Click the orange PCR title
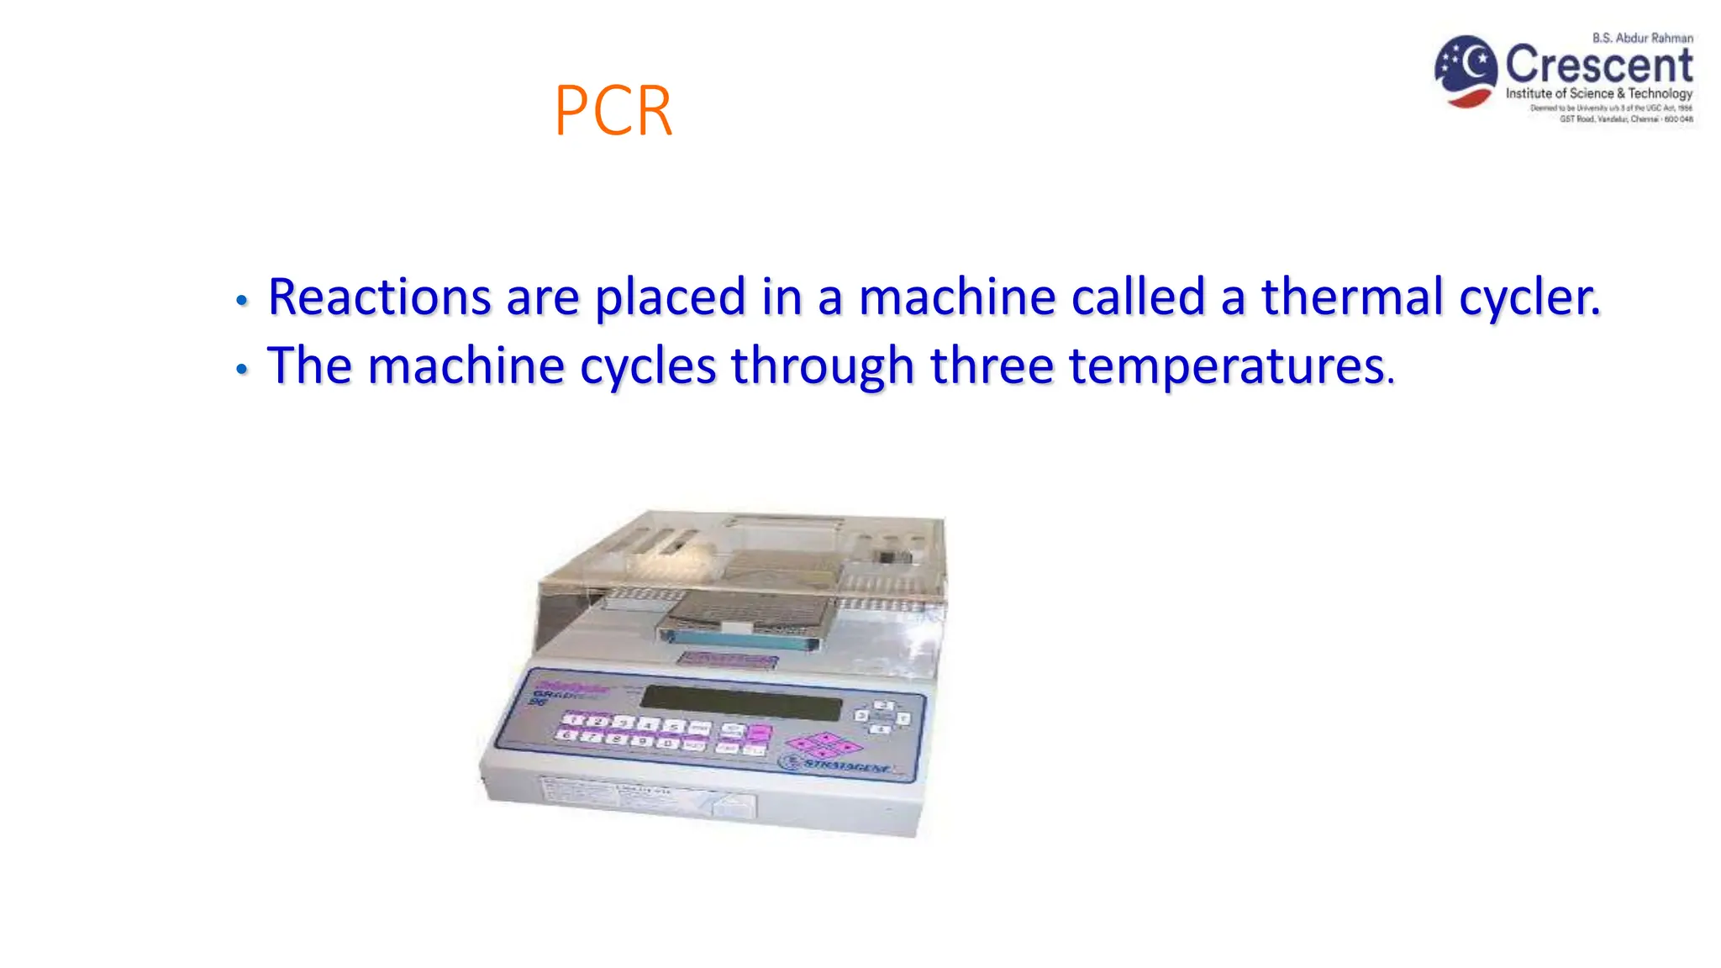613,111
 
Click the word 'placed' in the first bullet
670,298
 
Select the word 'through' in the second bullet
822,368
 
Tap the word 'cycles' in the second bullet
647,368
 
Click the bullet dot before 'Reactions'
242,300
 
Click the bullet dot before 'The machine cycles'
242,369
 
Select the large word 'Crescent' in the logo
1598,65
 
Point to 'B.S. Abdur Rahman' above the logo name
1642,38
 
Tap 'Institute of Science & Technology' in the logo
1598,93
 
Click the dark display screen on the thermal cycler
740,702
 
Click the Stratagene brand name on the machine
845,764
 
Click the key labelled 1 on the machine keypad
575,718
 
